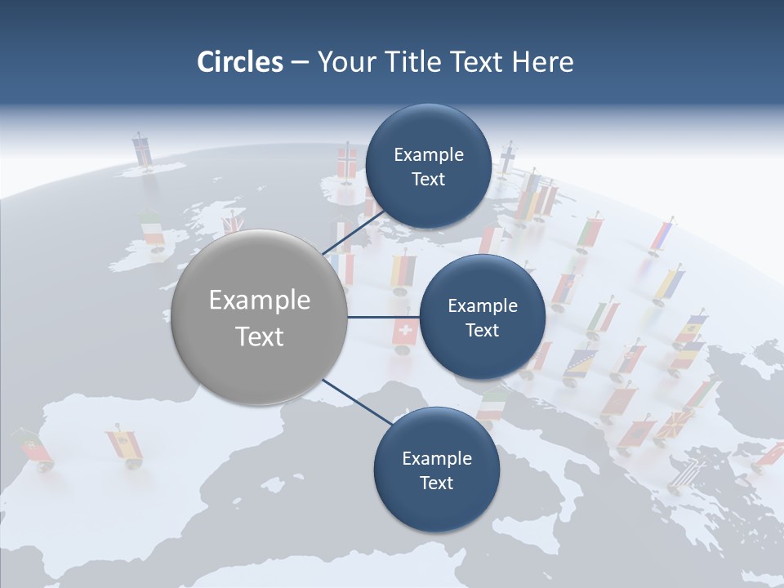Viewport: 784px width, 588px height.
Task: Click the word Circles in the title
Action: pos(239,62)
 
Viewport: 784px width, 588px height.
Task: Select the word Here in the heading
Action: pos(542,62)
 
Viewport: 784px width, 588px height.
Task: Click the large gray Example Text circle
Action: pos(260,318)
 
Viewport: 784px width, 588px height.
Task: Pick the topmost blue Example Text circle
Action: pos(428,167)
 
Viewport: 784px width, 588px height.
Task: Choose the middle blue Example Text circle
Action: pos(482,318)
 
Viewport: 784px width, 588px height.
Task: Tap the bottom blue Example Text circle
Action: pos(436,470)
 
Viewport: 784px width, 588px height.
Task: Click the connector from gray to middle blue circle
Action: pos(383,317)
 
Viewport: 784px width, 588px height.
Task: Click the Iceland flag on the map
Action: pos(142,150)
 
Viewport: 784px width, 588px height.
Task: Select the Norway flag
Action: pos(348,162)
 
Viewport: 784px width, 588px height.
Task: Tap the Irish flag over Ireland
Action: pos(152,228)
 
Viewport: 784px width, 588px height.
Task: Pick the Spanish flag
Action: pos(125,444)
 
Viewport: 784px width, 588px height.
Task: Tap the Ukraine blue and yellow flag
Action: pos(669,284)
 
